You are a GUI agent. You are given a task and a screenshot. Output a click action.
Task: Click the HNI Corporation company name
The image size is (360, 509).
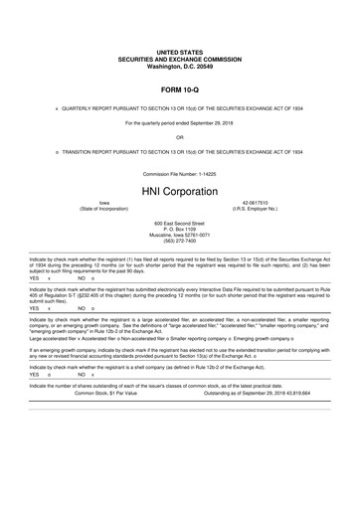(179, 187)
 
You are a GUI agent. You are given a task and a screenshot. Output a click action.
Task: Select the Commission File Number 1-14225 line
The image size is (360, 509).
(179, 171)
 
